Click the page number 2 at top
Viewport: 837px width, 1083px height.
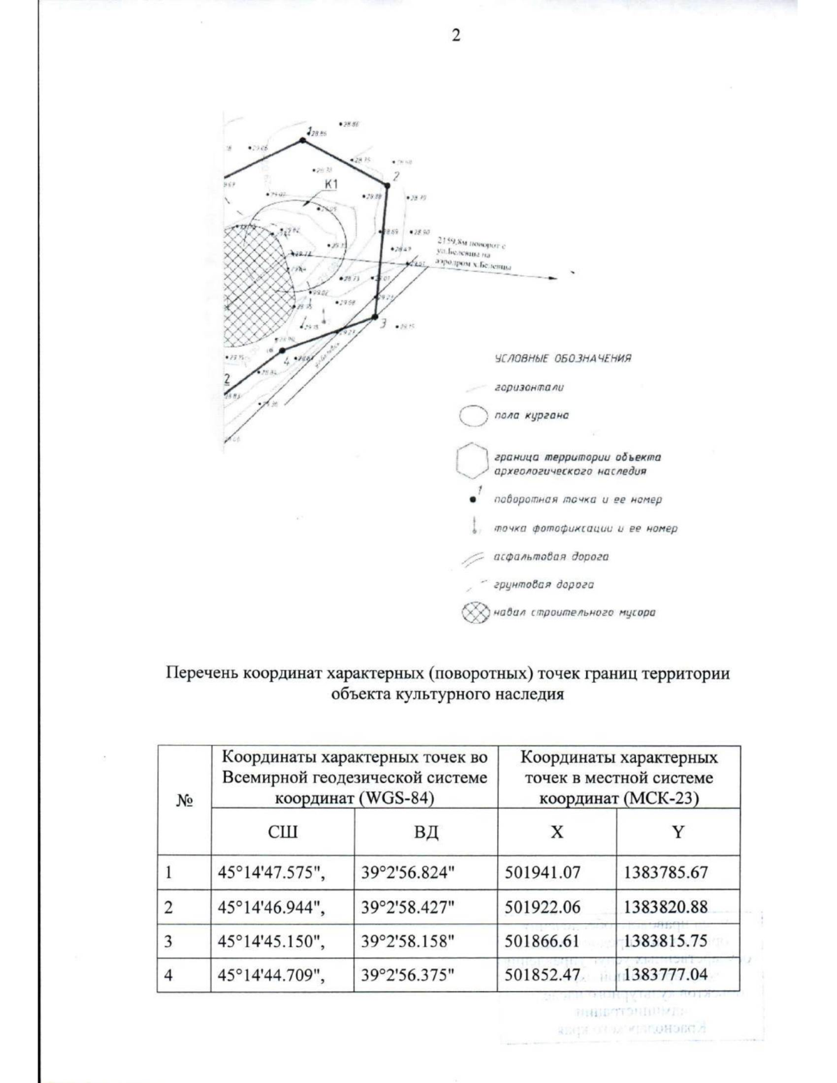pyautogui.click(x=455, y=36)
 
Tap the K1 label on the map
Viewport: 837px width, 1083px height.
pyautogui.click(x=331, y=184)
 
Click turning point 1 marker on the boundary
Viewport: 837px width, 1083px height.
pyautogui.click(x=303, y=141)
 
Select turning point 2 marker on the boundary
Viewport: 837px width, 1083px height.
pyautogui.click(x=386, y=185)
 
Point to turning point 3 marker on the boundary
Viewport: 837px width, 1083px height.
pyautogui.click(x=375, y=317)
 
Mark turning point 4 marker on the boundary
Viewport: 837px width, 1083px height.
pyautogui.click(x=282, y=351)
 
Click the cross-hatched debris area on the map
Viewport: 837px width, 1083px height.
pyautogui.click(x=255, y=286)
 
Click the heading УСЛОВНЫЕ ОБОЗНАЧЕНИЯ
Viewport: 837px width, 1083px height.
pyautogui.click(x=562, y=358)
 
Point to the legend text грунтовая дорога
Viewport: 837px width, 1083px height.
pyautogui.click(x=544, y=585)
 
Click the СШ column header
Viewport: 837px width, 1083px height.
pyautogui.click(x=282, y=832)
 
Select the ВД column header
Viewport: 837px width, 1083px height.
pyautogui.click(x=426, y=832)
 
